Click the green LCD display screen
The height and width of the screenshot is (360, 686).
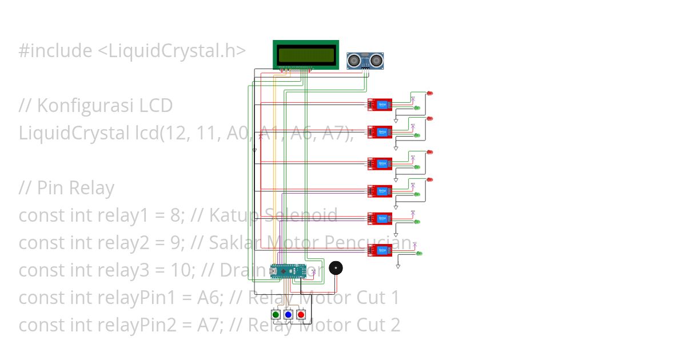click(x=306, y=55)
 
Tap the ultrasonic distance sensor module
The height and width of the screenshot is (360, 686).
click(x=365, y=61)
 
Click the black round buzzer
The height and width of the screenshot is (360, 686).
click(x=336, y=268)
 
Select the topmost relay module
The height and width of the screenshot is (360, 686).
click(x=380, y=105)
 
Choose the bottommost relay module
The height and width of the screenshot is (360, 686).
click(x=380, y=250)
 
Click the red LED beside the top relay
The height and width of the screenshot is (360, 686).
click(x=430, y=93)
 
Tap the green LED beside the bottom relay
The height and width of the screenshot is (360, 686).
click(x=418, y=253)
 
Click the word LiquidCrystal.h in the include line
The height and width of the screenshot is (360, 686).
click(x=171, y=51)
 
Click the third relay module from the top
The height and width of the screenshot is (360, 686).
click(x=380, y=163)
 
